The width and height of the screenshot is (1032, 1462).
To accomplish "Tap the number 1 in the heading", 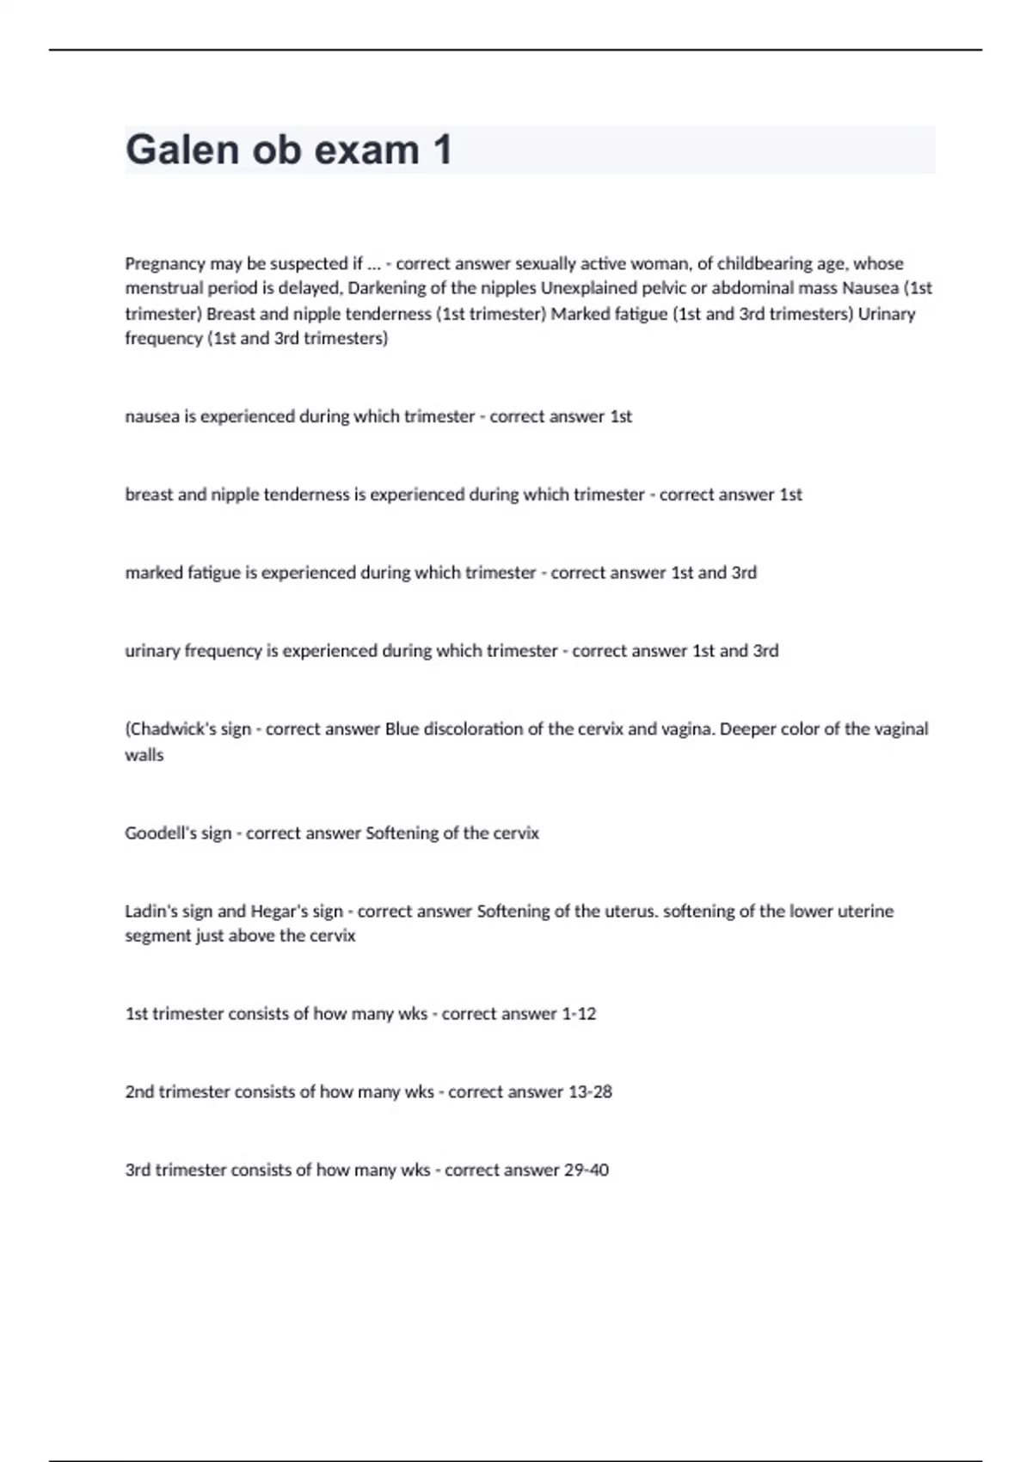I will [442, 150].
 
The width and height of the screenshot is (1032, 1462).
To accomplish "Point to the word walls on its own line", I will [144, 755].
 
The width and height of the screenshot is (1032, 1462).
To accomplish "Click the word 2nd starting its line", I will [139, 1092].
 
